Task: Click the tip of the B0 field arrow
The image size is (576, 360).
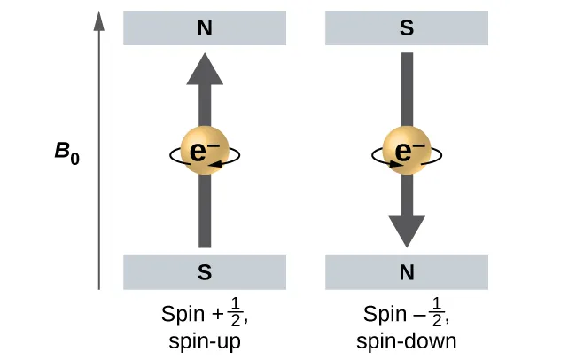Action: (99, 15)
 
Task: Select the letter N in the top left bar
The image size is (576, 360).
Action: (205, 28)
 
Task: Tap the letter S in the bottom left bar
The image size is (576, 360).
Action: (205, 272)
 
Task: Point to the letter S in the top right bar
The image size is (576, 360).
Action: (407, 28)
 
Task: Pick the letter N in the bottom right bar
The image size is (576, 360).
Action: (407, 272)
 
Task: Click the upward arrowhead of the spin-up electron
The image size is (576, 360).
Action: (205, 70)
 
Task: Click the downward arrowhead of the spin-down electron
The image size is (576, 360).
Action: (407, 231)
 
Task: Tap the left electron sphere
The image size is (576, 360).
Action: (205, 153)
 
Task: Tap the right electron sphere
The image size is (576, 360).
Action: (407, 153)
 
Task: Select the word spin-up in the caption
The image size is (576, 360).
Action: (205, 340)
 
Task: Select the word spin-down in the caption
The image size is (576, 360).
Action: (407, 340)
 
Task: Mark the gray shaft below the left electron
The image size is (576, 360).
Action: (205, 213)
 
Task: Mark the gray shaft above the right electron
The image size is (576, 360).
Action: (407, 89)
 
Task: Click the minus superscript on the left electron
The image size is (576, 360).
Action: (215, 145)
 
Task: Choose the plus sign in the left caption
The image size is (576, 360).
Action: (216, 316)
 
